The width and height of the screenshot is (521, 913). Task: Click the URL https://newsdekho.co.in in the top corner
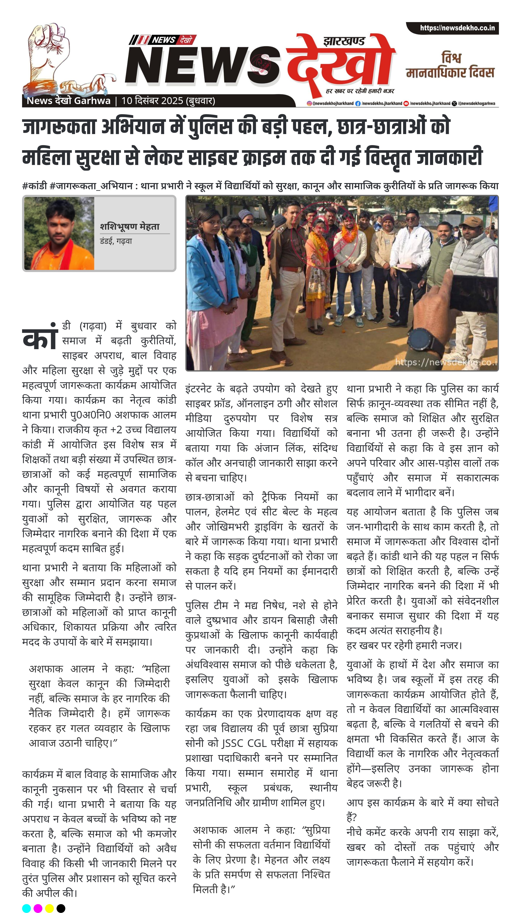pos(457,28)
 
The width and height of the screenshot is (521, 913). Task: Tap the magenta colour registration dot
pos(38,908)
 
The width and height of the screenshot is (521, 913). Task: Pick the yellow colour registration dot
pos(49,908)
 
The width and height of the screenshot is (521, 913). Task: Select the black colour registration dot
pos(61,908)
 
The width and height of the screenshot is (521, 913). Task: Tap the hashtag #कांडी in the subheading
pos(34,186)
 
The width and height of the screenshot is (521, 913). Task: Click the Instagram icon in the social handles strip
pos(309,103)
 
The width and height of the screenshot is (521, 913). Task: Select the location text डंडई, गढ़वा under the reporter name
pos(116,241)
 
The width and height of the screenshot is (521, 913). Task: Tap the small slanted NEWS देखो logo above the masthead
pos(163,40)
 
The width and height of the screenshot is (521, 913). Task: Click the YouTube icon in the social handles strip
pos(406,103)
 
